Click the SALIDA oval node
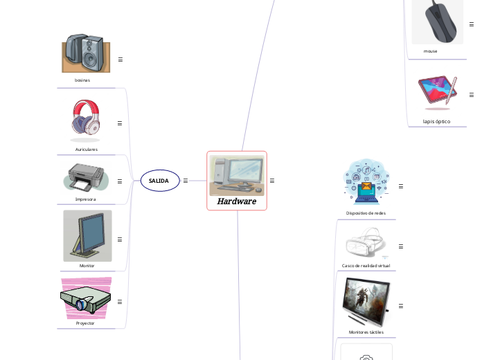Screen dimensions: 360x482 point(159,181)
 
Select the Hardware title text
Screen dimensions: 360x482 point(237,201)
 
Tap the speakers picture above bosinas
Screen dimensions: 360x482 point(86,53)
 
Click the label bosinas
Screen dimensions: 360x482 point(82,80)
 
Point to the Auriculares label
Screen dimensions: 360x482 point(87,150)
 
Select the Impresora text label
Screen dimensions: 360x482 point(86,199)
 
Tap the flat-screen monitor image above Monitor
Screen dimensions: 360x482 point(87,235)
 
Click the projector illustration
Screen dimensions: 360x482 point(86,298)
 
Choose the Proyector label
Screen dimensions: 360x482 point(85,323)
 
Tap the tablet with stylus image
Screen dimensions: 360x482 point(438,92)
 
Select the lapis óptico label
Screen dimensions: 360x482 point(437,121)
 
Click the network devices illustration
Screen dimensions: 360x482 point(366,183)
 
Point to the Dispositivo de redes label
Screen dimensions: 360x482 point(366,213)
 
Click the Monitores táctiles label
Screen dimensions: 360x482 point(366,332)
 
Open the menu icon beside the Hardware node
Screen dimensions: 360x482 point(272,181)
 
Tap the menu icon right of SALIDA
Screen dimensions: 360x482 point(186,181)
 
